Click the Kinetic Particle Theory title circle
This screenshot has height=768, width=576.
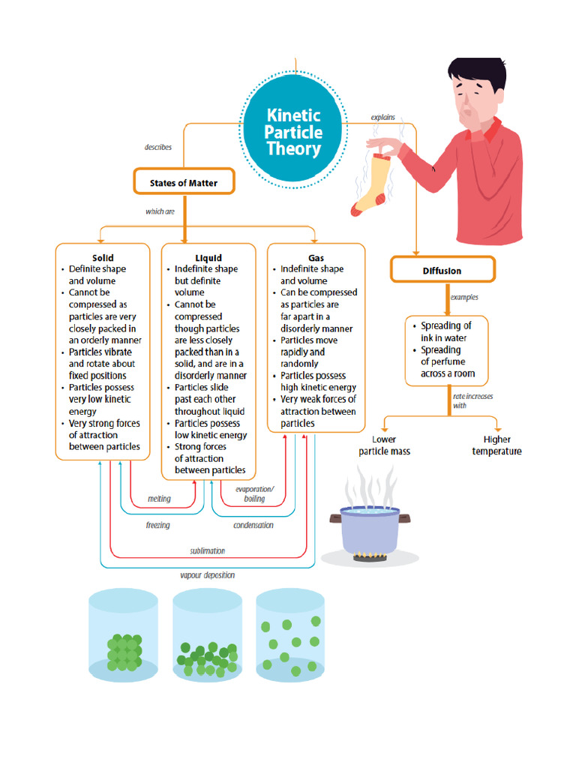tap(295, 132)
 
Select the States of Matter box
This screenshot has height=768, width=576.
tap(184, 182)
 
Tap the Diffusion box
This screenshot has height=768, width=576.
tap(442, 271)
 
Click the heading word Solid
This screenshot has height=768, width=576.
tap(103, 257)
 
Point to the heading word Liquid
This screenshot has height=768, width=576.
tap(208, 257)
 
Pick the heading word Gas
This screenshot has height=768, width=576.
tap(316, 257)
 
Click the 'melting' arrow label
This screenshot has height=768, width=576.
tap(159, 499)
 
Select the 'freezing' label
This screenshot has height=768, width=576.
tap(157, 525)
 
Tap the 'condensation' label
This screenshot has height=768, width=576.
tap(253, 525)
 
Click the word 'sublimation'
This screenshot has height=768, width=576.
tap(207, 550)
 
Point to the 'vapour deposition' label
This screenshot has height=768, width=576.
tap(207, 575)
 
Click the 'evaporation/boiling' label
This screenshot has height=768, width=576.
tap(255, 493)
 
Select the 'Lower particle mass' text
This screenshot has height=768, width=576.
tap(384, 445)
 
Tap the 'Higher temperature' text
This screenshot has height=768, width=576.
tap(496, 445)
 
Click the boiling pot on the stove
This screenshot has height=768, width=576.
tap(369, 529)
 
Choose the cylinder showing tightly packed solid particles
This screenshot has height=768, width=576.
tap(124, 637)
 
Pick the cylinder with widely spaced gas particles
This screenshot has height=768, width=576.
tap(290, 637)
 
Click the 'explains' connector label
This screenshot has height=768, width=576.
tap(382, 118)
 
